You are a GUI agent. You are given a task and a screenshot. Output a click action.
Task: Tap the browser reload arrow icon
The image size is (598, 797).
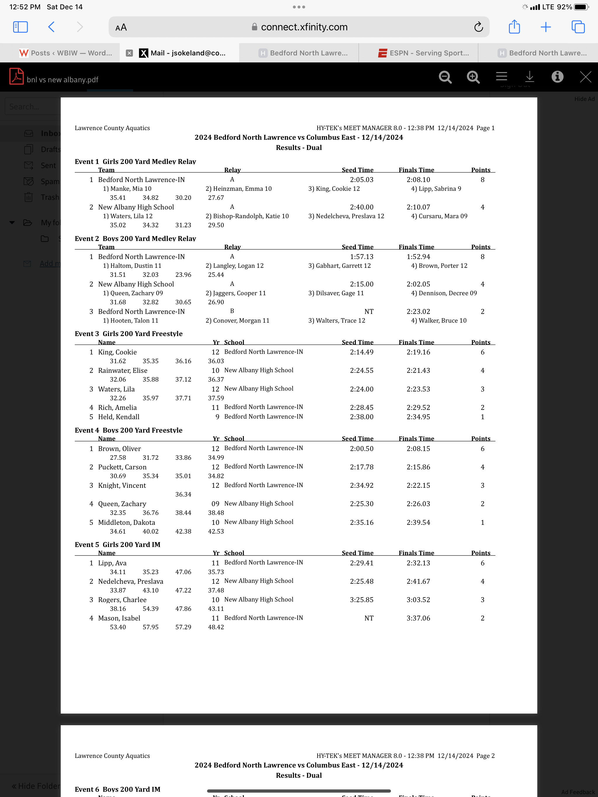coord(478,27)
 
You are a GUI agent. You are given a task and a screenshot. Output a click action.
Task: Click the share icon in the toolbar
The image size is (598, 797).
coord(514,27)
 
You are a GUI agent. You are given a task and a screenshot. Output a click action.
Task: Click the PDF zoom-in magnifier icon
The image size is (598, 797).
coord(473,77)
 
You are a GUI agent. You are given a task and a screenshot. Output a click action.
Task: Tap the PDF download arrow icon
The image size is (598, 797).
coord(529,77)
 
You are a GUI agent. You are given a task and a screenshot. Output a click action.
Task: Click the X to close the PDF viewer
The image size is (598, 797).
coord(585,77)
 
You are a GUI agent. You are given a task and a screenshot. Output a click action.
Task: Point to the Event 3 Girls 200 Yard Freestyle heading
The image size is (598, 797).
coord(128,334)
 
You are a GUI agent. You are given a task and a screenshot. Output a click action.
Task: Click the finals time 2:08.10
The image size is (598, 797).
coord(418,179)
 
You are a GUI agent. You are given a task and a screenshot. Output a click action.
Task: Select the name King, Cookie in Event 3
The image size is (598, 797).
coord(117,352)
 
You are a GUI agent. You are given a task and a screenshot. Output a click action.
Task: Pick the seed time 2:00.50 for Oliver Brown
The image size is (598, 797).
coord(361,449)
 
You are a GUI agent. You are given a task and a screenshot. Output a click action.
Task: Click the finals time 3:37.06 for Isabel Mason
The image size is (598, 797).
coord(418,618)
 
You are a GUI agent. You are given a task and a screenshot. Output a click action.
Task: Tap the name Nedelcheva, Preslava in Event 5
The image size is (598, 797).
coord(131,581)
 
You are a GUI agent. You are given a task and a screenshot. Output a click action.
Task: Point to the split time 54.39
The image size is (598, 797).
coord(150,609)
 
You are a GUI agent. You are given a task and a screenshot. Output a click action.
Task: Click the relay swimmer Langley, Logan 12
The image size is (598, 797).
coord(234,265)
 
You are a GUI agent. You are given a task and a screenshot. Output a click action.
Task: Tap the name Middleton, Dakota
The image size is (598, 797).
coord(126,522)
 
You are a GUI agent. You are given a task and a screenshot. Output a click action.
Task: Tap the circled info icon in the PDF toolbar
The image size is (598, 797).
coord(557,77)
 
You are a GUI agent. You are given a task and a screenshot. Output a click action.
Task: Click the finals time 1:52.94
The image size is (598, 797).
coord(418,256)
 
